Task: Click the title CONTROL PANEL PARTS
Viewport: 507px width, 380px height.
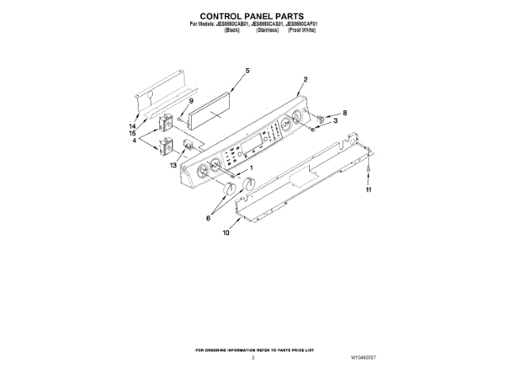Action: (x=253, y=15)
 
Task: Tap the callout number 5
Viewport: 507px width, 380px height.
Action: (x=247, y=71)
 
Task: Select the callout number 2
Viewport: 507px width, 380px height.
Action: (x=306, y=79)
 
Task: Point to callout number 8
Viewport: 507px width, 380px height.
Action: (x=345, y=113)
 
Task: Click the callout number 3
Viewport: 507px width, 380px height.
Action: (x=335, y=121)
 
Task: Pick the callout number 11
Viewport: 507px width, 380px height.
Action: (x=368, y=191)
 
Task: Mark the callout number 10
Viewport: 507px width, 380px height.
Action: (x=226, y=233)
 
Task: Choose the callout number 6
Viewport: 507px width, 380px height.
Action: (x=209, y=218)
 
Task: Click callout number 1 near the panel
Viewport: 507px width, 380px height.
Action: (x=251, y=168)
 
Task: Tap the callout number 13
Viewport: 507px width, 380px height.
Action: (x=173, y=165)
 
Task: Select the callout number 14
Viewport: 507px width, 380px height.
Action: (x=132, y=127)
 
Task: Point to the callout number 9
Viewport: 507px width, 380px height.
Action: (x=190, y=101)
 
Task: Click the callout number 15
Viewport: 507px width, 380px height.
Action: (x=132, y=134)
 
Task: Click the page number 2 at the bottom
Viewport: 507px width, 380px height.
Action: (x=253, y=358)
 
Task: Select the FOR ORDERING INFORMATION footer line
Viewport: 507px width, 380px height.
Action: (x=253, y=348)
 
